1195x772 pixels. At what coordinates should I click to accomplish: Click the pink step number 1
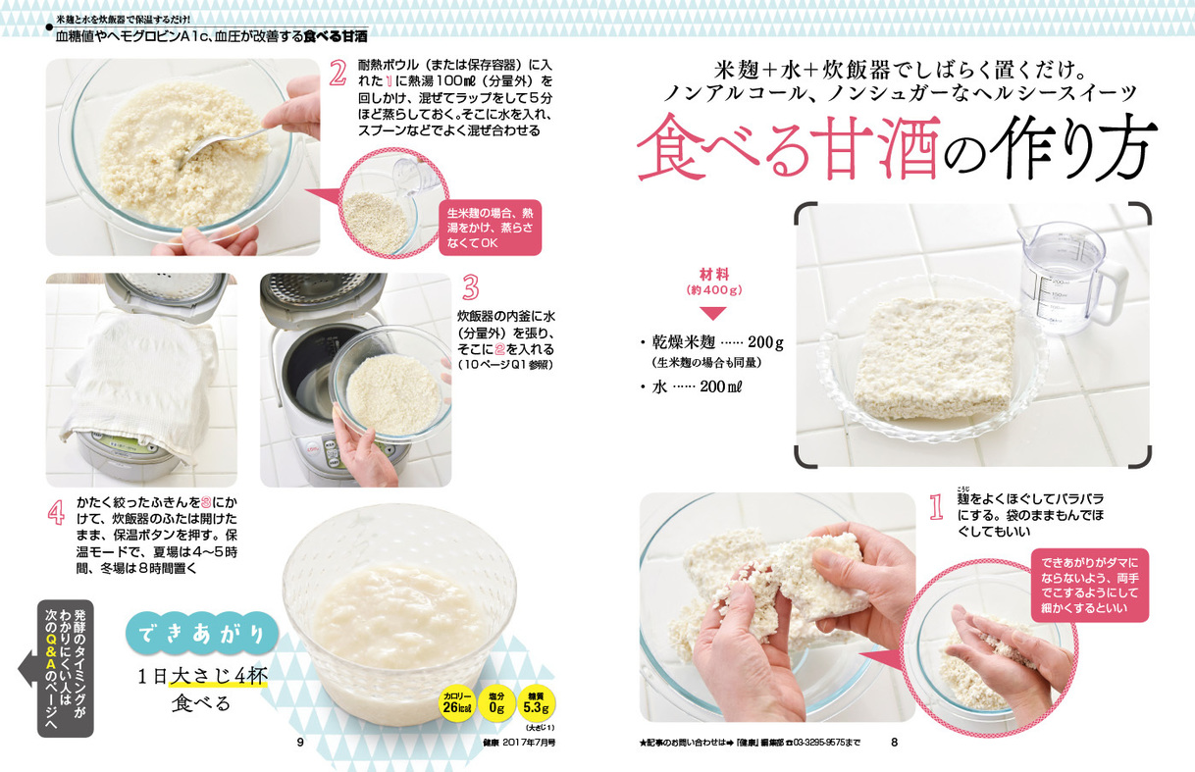pos(936,507)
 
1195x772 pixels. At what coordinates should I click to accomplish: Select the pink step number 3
pos(470,287)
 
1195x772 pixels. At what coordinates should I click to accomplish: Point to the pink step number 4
pos(56,513)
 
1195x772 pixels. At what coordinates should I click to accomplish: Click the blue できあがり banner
pos(202,634)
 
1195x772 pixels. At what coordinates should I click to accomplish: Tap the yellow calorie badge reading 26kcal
pos(457,703)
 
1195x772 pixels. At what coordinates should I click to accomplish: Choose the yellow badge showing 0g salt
pos(496,703)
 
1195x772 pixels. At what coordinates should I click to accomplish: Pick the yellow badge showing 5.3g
pos(536,703)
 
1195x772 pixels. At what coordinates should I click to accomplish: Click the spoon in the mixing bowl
pos(224,141)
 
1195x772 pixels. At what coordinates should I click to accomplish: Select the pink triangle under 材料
pos(712,313)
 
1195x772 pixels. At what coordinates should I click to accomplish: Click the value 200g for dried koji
pos(765,342)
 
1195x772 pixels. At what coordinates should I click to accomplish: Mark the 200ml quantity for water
pos(721,386)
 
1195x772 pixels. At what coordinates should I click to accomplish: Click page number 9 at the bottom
pos(300,742)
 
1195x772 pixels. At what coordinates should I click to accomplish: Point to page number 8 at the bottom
pos(894,742)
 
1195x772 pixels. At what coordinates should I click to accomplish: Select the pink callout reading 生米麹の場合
pos(490,228)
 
